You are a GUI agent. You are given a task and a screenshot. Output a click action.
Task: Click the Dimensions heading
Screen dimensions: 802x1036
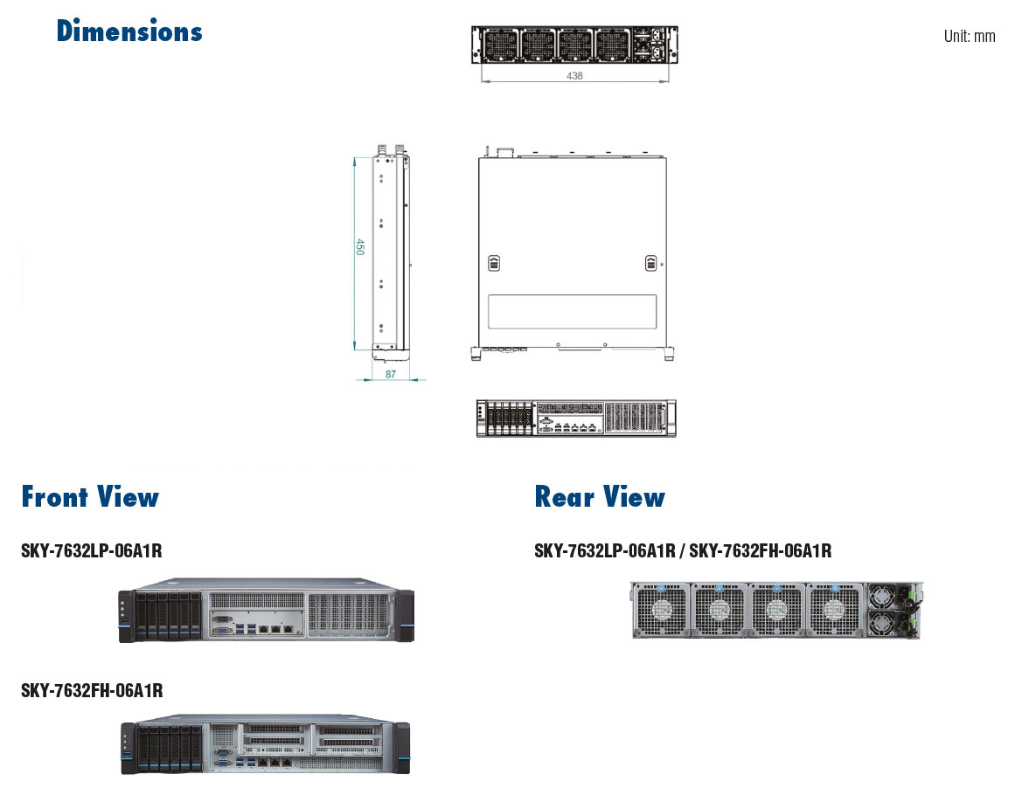[x=129, y=31]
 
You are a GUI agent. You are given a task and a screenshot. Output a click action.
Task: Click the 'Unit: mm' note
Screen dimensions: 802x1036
[x=969, y=36]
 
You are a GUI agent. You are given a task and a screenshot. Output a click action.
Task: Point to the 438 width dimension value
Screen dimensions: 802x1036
[x=574, y=76]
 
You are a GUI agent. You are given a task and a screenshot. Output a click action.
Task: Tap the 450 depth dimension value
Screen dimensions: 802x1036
[x=359, y=247]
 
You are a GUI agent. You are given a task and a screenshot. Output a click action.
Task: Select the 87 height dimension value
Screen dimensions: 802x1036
[x=391, y=374]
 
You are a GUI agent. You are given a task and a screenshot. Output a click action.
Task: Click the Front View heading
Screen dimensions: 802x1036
[x=90, y=497]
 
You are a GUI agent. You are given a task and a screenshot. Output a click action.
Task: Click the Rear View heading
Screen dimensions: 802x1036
[x=600, y=497]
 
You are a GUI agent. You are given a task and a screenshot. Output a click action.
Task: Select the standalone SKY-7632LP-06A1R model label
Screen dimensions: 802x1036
[x=92, y=551]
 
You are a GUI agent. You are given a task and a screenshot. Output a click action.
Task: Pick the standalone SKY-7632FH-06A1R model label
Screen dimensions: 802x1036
[x=92, y=691]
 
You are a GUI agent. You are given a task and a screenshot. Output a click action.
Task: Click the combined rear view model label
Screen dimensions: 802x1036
[x=683, y=551]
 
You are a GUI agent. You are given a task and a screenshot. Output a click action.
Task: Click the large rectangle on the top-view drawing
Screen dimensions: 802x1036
[x=572, y=312]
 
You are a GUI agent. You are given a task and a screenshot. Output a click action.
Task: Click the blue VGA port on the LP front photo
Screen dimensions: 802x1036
[x=224, y=628]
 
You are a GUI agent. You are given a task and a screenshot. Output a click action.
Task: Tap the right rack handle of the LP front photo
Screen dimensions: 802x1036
[x=405, y=617]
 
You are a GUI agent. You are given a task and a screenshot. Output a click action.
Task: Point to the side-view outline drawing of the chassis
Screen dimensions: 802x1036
[x=390, y=253]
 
